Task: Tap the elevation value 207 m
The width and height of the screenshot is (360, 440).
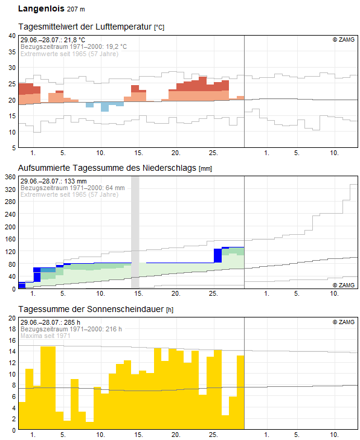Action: [76, 9]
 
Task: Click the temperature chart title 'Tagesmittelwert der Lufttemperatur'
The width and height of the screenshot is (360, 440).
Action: [85, 27]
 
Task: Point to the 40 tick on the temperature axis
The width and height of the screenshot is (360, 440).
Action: [12, 36]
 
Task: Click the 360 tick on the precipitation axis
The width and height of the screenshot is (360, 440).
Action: [10, 177]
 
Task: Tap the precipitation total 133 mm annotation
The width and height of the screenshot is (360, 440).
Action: [76, 181]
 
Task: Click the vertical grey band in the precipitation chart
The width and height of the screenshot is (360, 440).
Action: [135, 232]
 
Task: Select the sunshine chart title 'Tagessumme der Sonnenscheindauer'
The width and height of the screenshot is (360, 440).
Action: [91, 309]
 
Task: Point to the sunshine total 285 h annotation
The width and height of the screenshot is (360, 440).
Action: [72, 322]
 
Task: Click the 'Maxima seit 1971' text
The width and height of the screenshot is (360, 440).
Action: [45, 336]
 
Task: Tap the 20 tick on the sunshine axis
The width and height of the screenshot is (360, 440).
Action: [12, 318]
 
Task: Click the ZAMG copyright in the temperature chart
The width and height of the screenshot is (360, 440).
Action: [344, 40]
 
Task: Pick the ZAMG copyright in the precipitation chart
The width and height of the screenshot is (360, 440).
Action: [344, 285]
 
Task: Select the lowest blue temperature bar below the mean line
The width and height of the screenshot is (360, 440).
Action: [104, 107]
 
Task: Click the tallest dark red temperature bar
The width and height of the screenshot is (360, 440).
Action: [203, 84]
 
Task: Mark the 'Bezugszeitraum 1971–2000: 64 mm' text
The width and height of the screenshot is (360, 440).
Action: [72, 188]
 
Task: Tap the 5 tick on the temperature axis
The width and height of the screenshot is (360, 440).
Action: [14, 148]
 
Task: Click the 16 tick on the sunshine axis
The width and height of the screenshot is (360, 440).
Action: [12, 340]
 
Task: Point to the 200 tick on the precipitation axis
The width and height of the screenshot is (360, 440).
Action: [10, 227]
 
